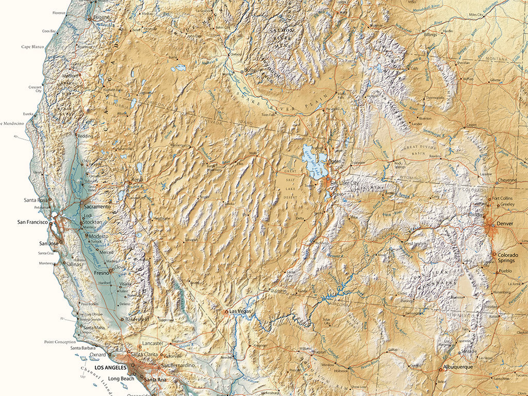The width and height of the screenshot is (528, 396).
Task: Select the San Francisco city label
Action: point(32,222)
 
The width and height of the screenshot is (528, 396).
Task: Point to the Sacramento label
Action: point(97,206)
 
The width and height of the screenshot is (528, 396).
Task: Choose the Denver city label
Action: point(505,224)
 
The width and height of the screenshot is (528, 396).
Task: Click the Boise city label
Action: point(250,70)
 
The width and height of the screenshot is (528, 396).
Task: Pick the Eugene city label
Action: point(101,18)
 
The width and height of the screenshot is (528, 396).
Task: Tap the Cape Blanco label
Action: point(32,46)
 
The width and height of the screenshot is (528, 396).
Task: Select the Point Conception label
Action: point(60,341)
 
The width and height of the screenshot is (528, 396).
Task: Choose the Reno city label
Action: point(137,179)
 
